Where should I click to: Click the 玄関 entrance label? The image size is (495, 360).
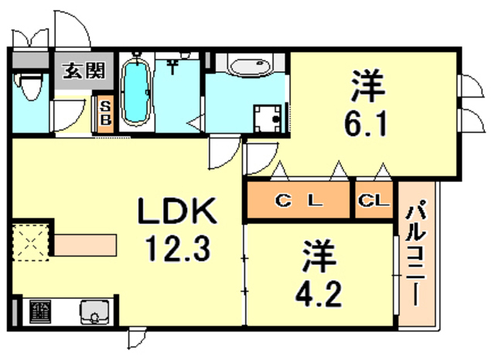pos(84,70)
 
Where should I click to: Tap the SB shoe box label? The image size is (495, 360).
pos(105,114)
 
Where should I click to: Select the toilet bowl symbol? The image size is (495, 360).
pos(30,86)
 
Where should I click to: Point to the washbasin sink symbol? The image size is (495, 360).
pos(251,67)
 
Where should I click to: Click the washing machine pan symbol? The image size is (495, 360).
pos(268,118)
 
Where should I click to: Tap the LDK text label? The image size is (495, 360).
pos(177,210)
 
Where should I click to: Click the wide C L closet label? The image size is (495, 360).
pos(299,200)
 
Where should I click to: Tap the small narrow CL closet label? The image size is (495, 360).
pos(374,200)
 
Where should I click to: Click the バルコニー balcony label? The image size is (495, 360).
pos(416,256)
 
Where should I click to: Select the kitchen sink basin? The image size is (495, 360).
pos(94,312)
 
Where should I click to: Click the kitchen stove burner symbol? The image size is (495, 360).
pos(40,312)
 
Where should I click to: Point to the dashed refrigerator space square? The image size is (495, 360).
pos(31,242)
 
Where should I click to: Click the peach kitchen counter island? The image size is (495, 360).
pos(85,245)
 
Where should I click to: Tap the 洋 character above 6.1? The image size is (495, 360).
pos(367,86)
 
